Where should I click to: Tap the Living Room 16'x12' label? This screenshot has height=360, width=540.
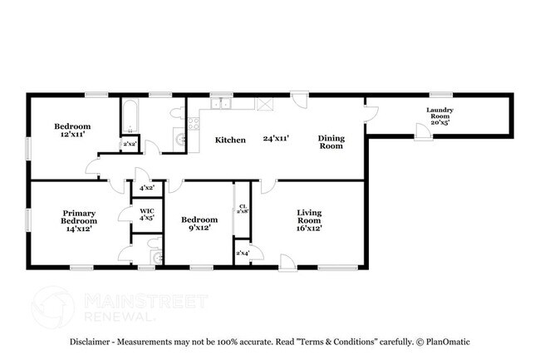(309, 219)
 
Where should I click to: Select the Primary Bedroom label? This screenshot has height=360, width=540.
(79, 220)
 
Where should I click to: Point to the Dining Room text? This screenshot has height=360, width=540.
(331, 141)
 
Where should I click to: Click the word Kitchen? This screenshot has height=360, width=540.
(230, 141)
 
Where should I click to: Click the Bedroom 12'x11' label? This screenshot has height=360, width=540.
(72, 131)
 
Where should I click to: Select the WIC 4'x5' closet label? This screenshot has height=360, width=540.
(146, 215)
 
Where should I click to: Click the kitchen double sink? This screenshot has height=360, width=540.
(221, 105)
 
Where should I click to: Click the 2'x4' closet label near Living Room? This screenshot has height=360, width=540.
(243, 252)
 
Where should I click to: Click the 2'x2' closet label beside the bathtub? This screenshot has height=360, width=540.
(130, 145)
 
